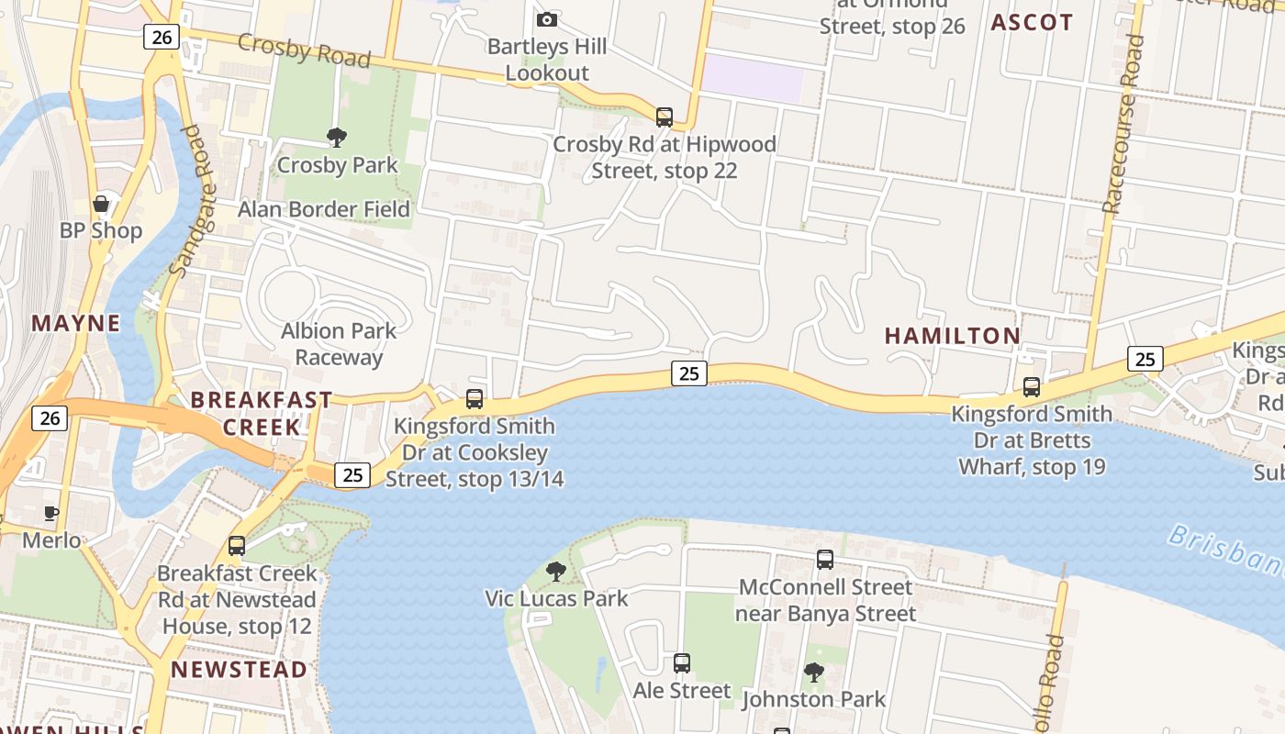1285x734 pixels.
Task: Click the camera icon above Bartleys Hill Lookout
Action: click(x=546, y=19)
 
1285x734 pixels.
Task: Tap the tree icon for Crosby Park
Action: click(x=337, y=138)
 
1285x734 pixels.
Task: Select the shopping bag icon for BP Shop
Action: click(x=101, y=204)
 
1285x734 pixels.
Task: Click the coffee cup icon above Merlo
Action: click(x=51, y=513)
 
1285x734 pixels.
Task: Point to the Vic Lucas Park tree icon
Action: click(x=555, y=572)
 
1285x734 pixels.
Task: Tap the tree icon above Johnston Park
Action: click(x=813, y=673)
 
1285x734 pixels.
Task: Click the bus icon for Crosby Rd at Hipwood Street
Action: click(x=664, y=117)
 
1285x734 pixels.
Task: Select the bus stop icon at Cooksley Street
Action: click(x=474, y=399)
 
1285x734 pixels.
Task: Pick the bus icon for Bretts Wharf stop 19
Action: click(x=1032, y=387)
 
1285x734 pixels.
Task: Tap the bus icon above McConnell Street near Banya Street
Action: click(x=824, y=560)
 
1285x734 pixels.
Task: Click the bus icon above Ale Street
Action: click(x=681, y=662)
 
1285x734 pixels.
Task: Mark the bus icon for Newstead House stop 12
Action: click(x=236, y=546)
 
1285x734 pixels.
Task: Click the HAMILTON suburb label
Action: click(x=952, y=336)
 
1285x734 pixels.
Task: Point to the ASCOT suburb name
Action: click(x=1032, y=23)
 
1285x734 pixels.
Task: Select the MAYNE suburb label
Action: click(x=76, y=323)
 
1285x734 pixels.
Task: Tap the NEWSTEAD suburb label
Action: click(x=239, y=669)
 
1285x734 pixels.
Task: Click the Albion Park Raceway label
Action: click(x=339, y=343)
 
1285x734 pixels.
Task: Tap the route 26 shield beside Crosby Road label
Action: click(x=161, y=37)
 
